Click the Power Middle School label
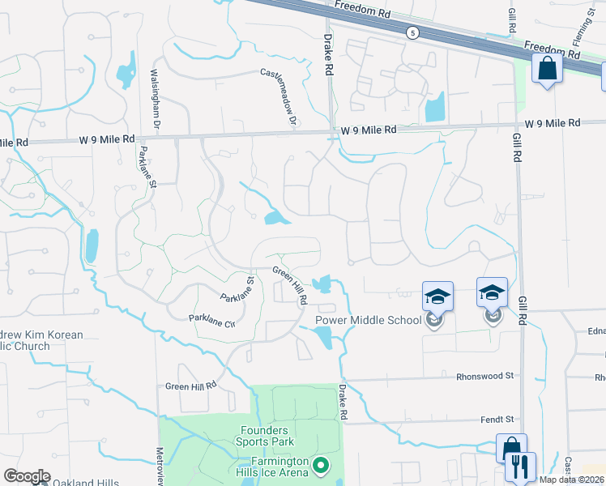(x=368, y=320)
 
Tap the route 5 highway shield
(x=413, y=32)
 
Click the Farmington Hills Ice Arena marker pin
(x=322, y=466)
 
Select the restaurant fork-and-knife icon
(x=520, y=467)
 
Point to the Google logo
(x=27, y=476)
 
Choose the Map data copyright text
(x=571, y=480)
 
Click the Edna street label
(x=596, y=331)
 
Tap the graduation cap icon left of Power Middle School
(x=437, y=296)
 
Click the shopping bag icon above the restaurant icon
(x=512, y=447)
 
